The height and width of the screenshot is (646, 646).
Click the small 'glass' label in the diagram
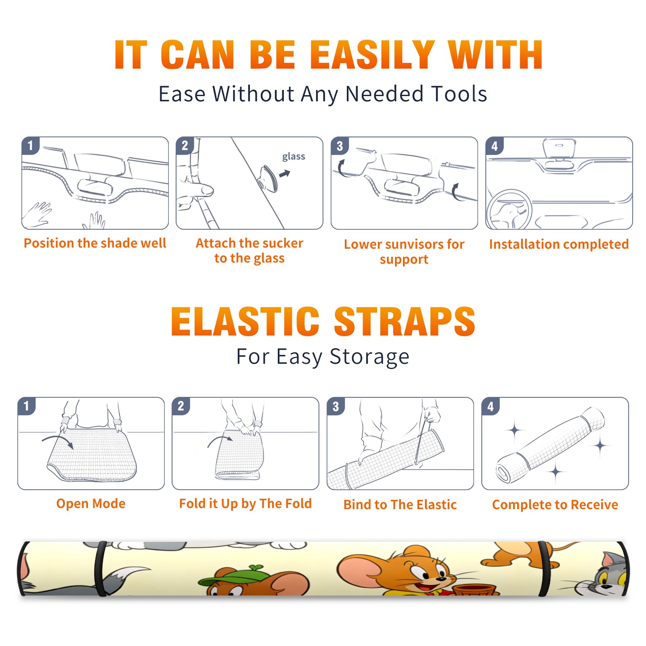coord(294,157)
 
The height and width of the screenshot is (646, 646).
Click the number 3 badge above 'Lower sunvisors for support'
coord(340,146)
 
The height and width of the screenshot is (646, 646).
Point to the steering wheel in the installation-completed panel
coord(509,210)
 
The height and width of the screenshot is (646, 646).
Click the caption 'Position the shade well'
coord(95,243)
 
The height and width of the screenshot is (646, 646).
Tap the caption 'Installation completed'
coord(559,244)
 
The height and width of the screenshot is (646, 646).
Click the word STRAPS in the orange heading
coord(405,321)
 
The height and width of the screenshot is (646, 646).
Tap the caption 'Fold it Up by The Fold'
coord(245,504)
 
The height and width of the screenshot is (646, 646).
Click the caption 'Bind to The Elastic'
coord(400,505)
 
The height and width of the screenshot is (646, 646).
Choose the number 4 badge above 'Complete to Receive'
coord(491,406)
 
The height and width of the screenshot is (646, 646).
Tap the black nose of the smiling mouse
coord(442,579)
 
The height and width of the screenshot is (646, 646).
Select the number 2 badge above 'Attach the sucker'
coord(185,146)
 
